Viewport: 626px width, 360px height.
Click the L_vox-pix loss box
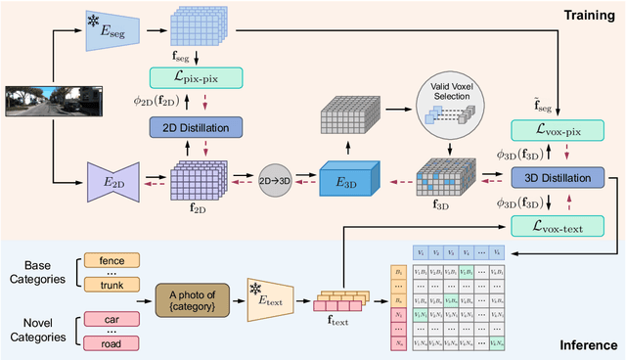556,130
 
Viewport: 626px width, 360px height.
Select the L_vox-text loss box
556,225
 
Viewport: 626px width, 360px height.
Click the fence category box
112,261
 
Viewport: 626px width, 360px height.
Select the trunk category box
112,285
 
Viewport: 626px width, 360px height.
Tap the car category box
112,318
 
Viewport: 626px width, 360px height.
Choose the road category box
112,342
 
